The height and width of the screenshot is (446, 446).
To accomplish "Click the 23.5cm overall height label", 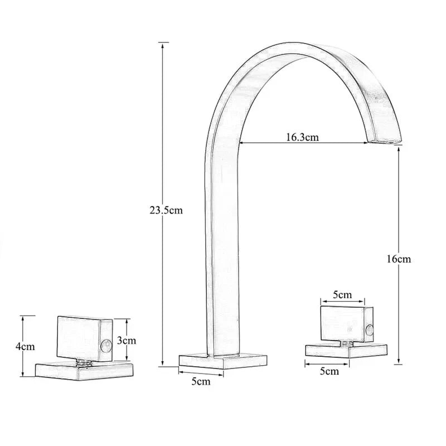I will (x=166, y=211).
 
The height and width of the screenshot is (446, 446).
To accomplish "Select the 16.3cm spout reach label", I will (x=302, y=137).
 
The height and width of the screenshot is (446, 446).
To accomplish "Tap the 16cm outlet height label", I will (x=399, y=259).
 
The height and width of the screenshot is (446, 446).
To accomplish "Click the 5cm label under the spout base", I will (x=201, y=381).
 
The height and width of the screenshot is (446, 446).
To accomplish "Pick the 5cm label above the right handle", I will (x=342, y=294).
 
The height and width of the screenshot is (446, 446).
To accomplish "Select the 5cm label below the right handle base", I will (x=329, y=371).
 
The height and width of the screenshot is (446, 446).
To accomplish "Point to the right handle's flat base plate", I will (x=346, y=350).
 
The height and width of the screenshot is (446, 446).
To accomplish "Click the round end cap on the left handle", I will (x=104, y=348).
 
